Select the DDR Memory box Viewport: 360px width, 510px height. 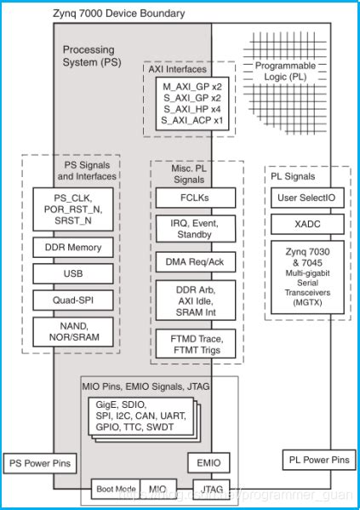click(73, 248)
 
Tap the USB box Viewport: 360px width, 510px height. click(73, 273)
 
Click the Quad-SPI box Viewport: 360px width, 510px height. click(73, 300)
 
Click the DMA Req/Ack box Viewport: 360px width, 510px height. click(196, 262)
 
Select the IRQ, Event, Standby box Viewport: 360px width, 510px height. click(196, 229)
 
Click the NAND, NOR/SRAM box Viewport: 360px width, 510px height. click(73, 331)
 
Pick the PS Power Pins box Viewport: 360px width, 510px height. click(38, 464)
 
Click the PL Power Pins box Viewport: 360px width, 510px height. click(316, 461)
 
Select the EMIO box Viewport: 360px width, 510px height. click(209, 463)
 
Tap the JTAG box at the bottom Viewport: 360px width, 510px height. click(209, 489)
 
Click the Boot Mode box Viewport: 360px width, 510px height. click(116, 489)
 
